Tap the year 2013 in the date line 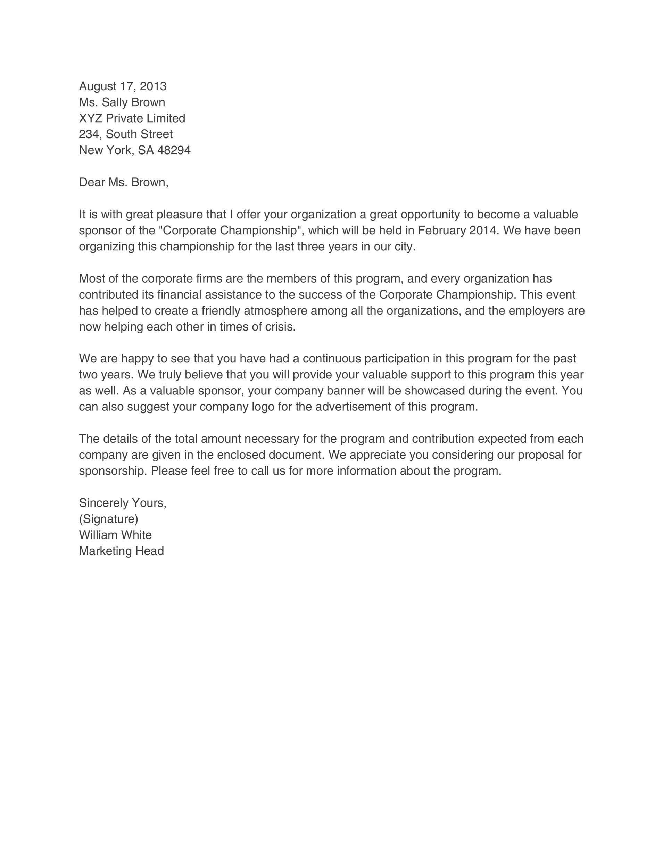coord(153,86)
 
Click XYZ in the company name coord(91,118)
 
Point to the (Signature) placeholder coord(108,519)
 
